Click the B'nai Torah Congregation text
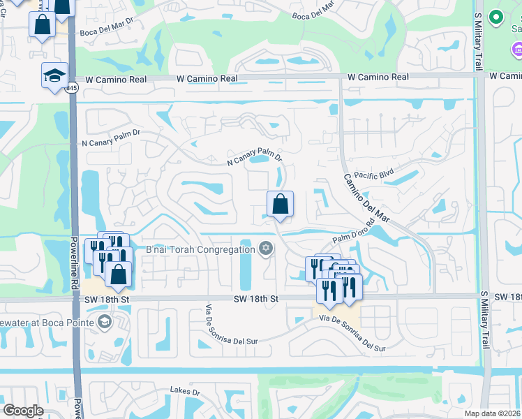coord(200,249)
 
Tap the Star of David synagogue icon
coord(265,249)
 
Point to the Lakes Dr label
coord(185,392)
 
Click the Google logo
coord(22,411)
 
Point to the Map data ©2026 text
coord(492,413)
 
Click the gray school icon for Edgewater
coord(104,322)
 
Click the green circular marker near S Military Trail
coord(496,16)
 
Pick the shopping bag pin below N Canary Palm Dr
coord(280,204)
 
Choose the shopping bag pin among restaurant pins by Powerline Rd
coord(119,274)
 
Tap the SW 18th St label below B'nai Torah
coord(256,299)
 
